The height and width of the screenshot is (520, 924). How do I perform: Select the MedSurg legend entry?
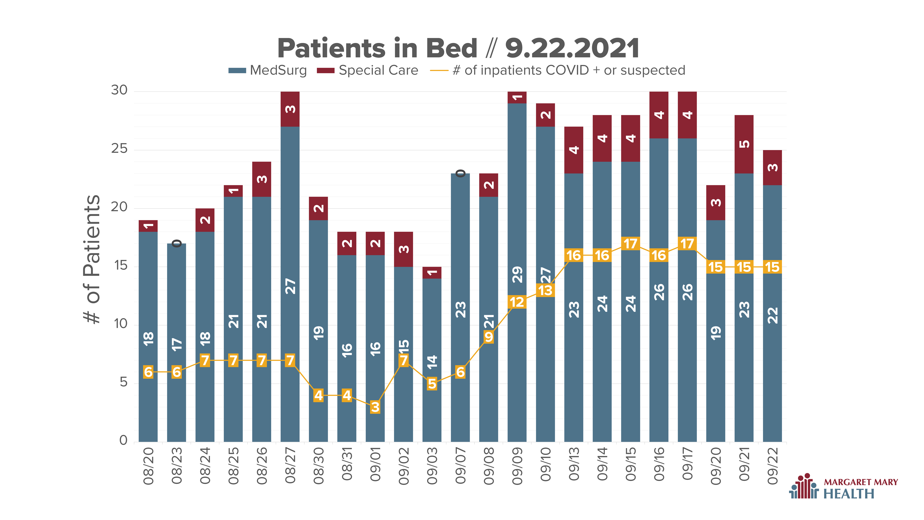pos(268,70)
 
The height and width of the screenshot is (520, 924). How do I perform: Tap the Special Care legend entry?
pos(367,70)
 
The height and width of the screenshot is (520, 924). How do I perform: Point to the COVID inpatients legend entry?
pos(557,70)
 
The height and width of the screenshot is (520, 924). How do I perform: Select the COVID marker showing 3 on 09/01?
pos(375,407)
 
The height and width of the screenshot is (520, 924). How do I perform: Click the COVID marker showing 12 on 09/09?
pos(517,302)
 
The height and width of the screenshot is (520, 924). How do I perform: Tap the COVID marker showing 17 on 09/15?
pos(631,244)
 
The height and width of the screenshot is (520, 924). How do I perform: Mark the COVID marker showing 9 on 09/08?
pos(489,337)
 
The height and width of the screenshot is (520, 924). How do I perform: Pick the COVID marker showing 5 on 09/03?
pos(432,384)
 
